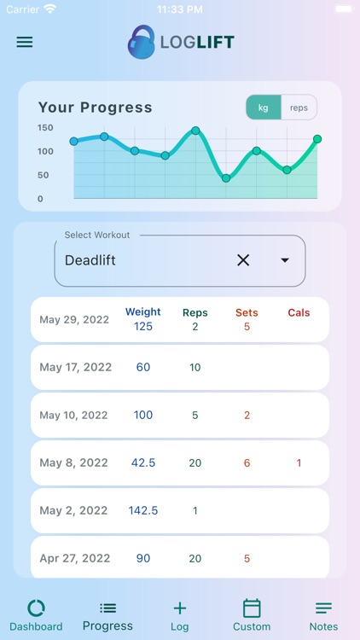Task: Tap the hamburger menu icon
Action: [x=25, y=42]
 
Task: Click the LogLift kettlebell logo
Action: [x=142, y=42]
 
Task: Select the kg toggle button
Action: [x=264, y=108]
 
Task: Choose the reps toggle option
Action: [x=299, y=108]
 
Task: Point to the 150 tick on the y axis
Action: [x=45, y=128]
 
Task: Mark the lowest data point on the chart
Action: [x=226, y=178]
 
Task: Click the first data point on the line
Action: [x=74, y=142]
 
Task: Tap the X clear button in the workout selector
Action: [x=243, y=260]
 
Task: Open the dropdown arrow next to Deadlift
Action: [x=285, y=260]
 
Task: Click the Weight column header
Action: [x=143, y=312]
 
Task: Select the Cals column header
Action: [x=299, y=313]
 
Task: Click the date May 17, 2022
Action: [x=75, y=368]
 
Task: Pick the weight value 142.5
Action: [x=143, y=510]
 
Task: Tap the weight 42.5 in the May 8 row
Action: [x=143, y=463]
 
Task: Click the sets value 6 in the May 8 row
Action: [x=247, y=463]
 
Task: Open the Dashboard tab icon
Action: [x=36, y=608]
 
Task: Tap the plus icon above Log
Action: [x=179, y=608]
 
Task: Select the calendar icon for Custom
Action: [x=251, y=608]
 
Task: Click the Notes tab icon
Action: [x=323, y=608]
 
